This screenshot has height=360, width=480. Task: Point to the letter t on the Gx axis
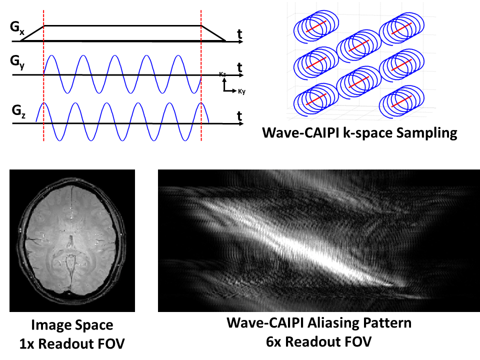(x=240, y=34)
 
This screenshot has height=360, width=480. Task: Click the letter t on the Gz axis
(x=240, y=115)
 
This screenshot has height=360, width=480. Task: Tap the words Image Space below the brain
(x=72, y=325)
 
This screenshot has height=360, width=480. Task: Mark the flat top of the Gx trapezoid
(x=122, y=25)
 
